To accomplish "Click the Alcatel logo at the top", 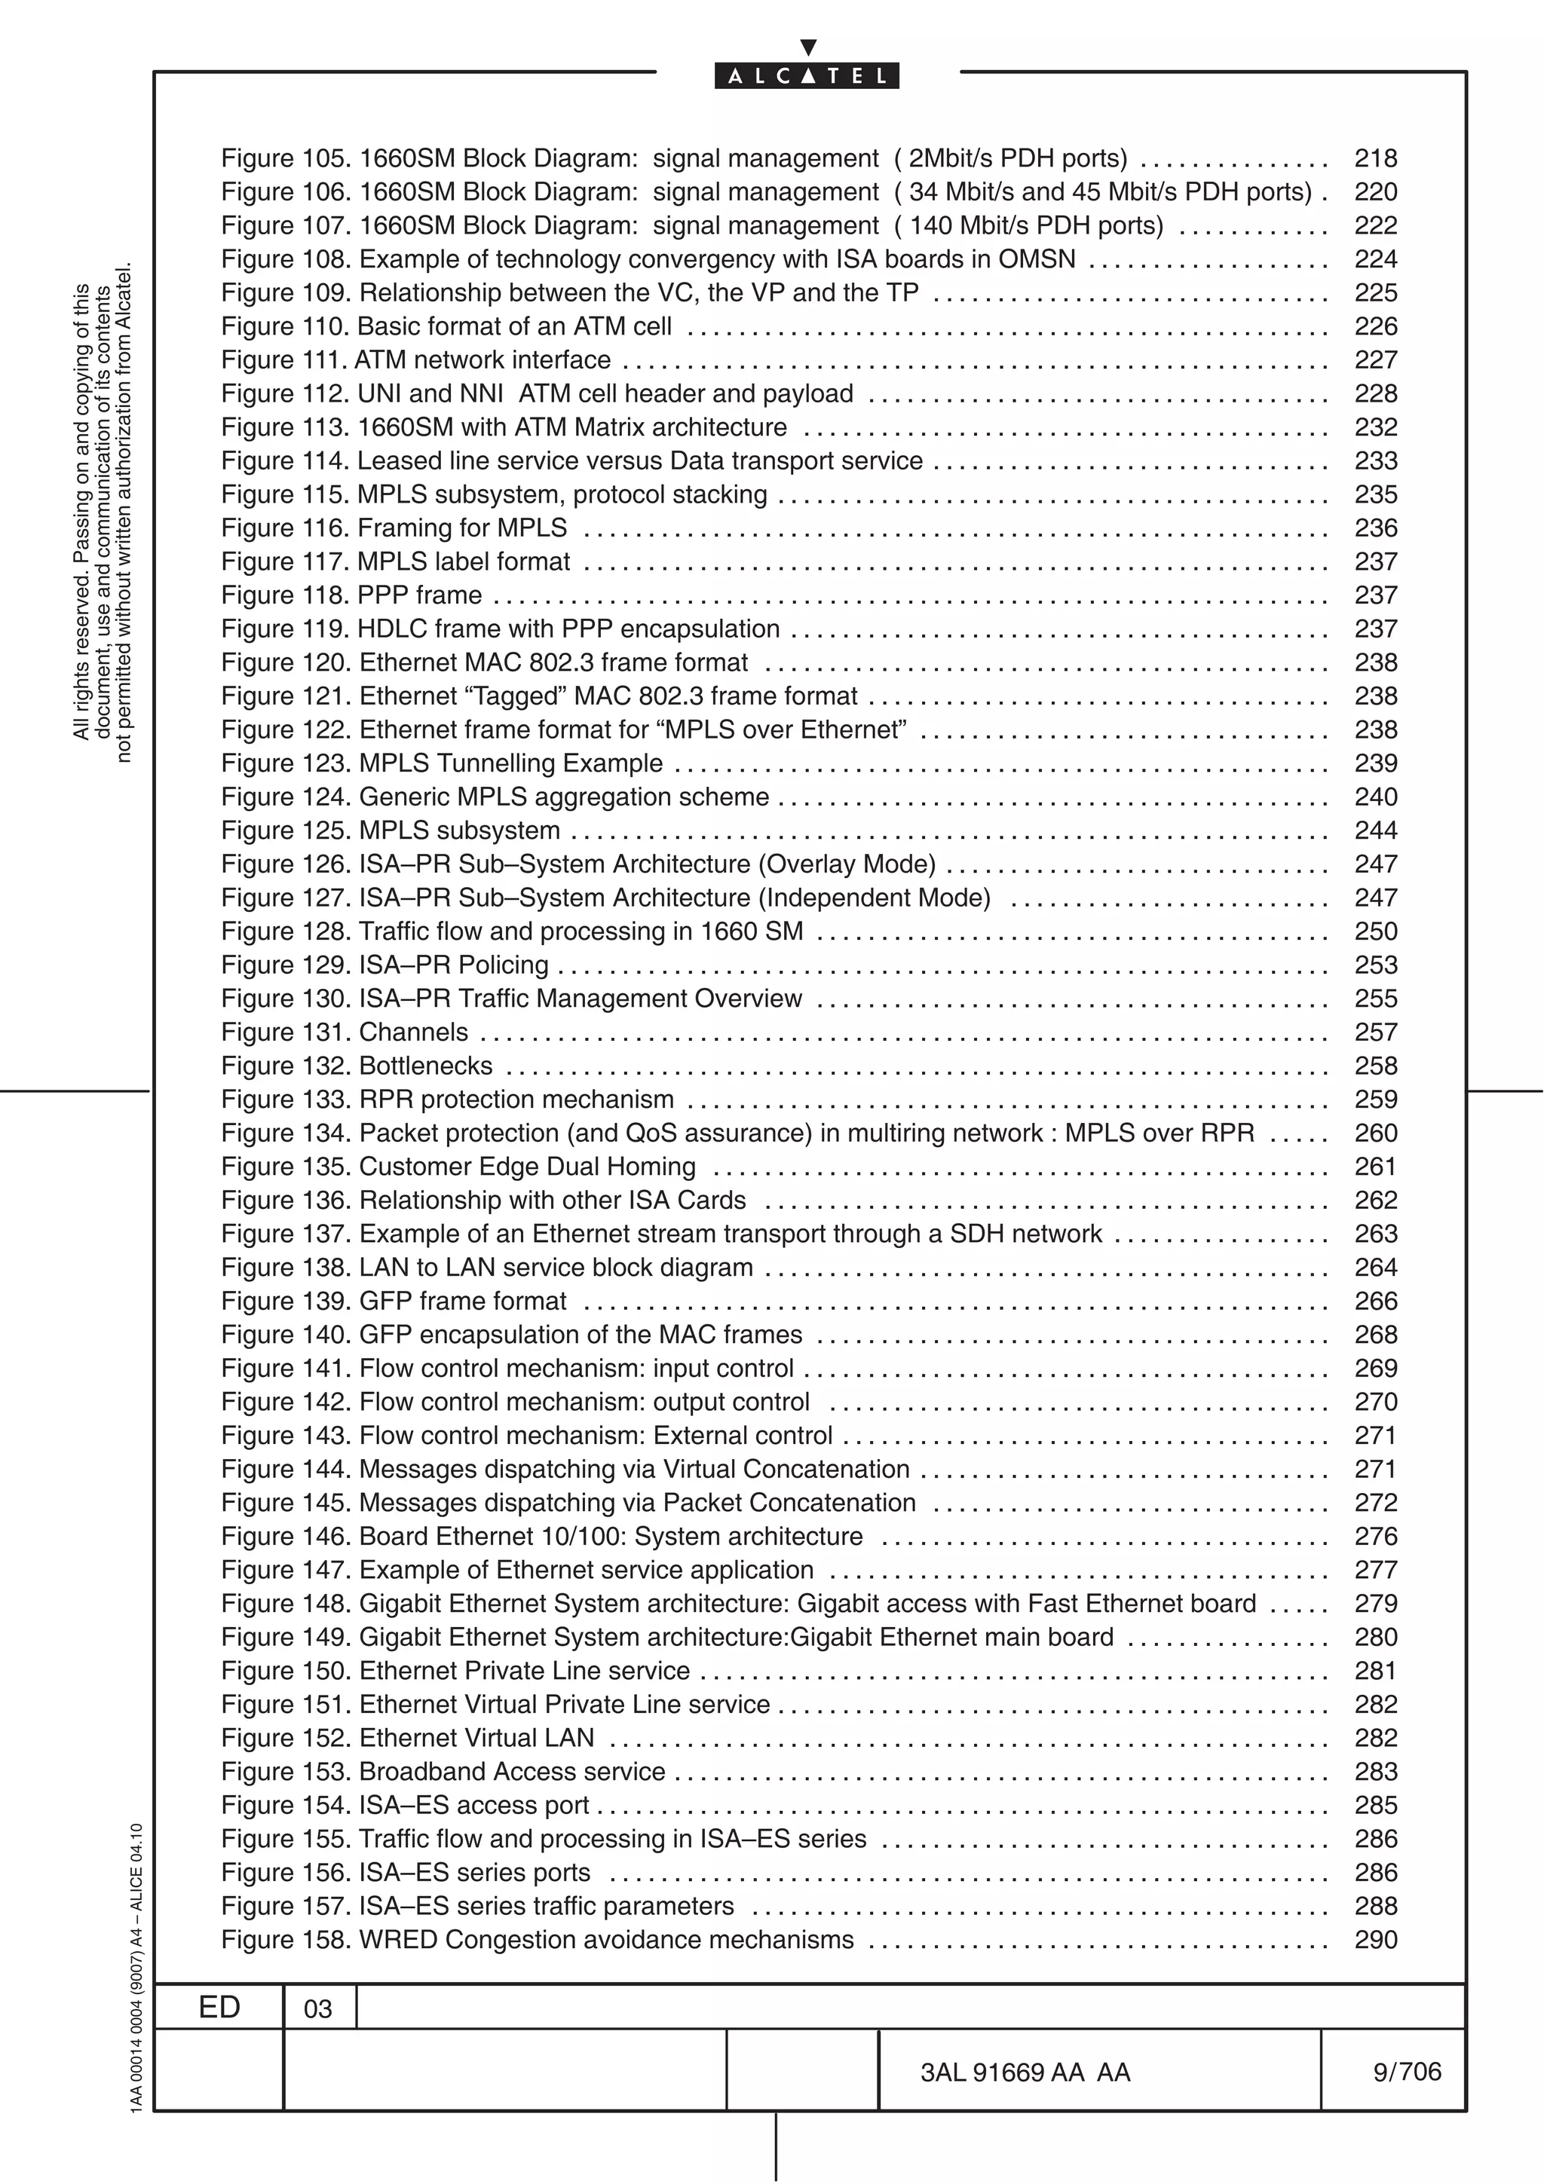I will (x=807, y=75).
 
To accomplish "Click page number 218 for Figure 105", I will (x=1376, y=159).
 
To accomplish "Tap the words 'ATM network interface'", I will (x=482, y=360).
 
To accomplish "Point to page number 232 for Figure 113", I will (x=1376, y=427).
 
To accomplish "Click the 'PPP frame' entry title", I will (x=419, y=595).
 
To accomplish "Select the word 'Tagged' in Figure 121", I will (x=513, y=696).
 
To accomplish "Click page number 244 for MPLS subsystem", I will (x=1376, y=830).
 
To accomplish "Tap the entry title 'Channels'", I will (x=413, y=1032).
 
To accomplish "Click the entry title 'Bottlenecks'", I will (x=425, y=1066).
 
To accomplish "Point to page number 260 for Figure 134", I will (x=1376, y=1133).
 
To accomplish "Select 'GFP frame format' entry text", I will (x=462, y=1300).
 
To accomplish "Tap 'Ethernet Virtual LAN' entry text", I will (x=476, y=1738).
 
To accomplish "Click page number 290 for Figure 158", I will (x=1376, y=1940).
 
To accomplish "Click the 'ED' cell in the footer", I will (x=219, y=2007).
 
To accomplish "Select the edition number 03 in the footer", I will (x=317, y=2009).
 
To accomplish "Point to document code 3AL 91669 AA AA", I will (x=1025, y=2072).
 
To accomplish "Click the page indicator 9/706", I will (x=1406, y=2071).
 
